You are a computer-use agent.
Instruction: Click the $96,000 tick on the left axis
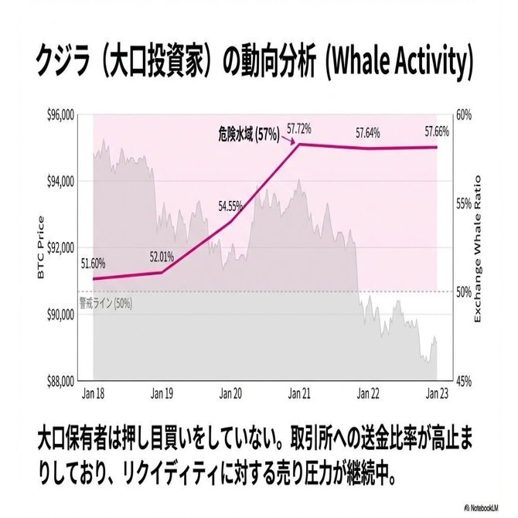(x=60, y=114)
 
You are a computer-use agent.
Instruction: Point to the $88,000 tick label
(x=60, y=381)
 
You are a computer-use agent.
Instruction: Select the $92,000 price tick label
(x=60, y=248)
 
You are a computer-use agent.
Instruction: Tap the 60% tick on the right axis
(x=463, y=114)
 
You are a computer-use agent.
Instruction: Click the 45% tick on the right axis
(x=463, y=381)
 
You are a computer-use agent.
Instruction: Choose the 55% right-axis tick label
(x=463, y=203)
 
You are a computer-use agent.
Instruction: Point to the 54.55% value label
(x=231, y=206)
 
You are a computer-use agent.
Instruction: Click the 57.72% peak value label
(x=299, y=128)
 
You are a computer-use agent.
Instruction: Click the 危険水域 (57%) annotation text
(x=247, y=134)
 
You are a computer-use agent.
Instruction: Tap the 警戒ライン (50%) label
(x=105, y=302)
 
